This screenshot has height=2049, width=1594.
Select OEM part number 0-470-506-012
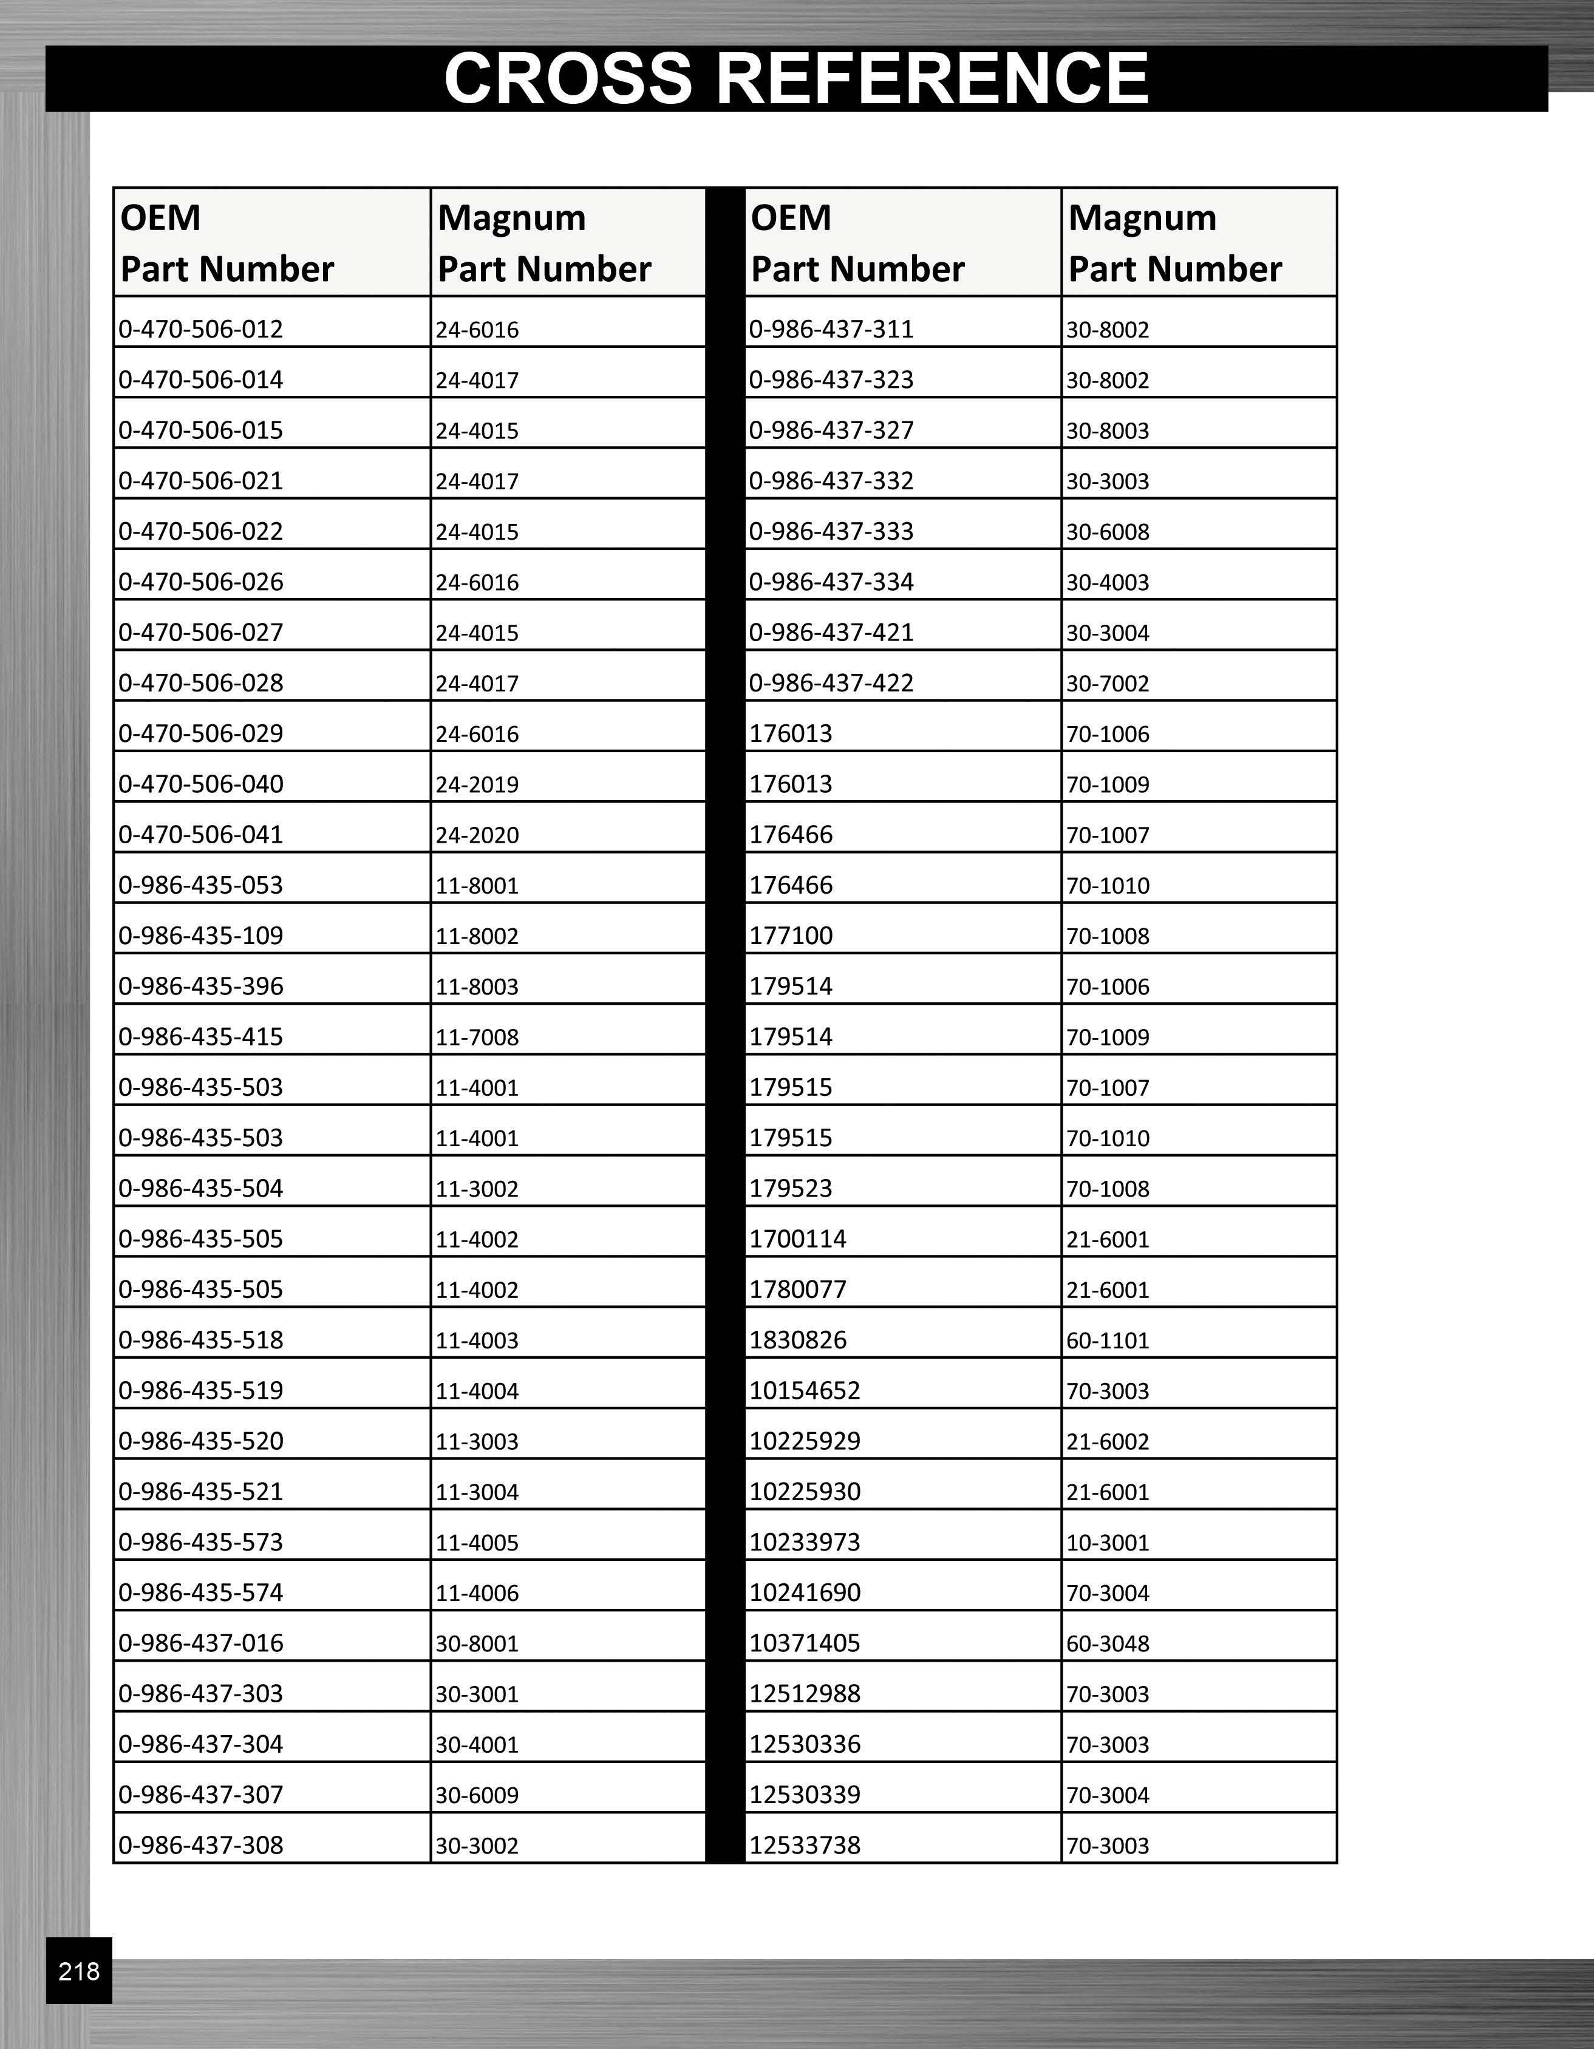pyautogui.click(x=201, y=329)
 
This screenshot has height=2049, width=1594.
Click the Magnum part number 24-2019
pyautogui.click(x=477, y=784)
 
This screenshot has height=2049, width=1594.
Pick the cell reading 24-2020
pyautogui.click(x=477, y=835)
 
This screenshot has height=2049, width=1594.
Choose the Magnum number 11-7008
pyautogui.click(x=477, y=1038)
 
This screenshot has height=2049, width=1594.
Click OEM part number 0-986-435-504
pyautogui.click(x=201, y=1189)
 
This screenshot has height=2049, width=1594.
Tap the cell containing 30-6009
pyautogui.click(x=477, y=1795)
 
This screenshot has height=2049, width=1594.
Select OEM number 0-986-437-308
pyautogui.click(x=201, y=1846)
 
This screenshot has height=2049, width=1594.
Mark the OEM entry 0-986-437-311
pyautogui.click(x=831, y=329)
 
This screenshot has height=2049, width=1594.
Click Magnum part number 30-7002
pyautogui.click(x=1107, y=683)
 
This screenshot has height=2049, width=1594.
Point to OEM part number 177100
pyautogui.click(x=791, y=936)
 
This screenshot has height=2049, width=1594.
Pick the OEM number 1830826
pyautogui.click(x=797, y=1340)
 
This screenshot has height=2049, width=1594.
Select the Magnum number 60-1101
pyautogui.click(x=1107, y=1341)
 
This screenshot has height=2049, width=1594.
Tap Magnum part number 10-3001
pyautogui.click(x=1107, y=1543)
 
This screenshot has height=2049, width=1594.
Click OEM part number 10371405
pyautogui.click(x=804, y=1643)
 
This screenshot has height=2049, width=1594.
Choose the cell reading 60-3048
pyautogui.click(x=1107, y=1643)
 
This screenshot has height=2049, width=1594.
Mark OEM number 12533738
pyautogui.click(x=804, y=1846)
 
